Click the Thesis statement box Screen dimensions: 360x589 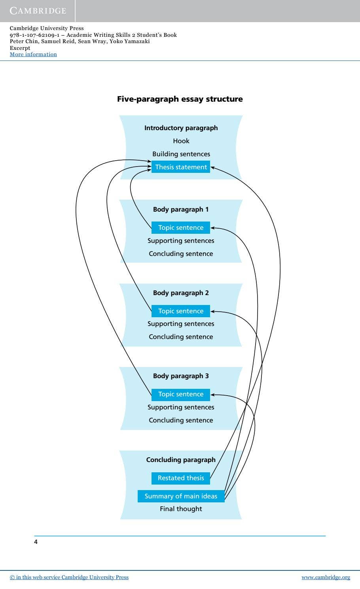[181, 167]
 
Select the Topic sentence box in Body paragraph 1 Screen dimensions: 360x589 [181, 227]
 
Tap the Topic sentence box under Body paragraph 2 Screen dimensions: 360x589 [181, 311]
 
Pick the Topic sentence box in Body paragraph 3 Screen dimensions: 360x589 [181, 394]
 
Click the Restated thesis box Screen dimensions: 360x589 [181, 478]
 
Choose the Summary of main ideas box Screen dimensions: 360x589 [181, 496]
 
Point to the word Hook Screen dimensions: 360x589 [181, 141]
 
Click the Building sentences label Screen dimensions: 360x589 [181, 154]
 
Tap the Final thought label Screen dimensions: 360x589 [181, 509]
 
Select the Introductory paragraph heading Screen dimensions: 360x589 [181, 128]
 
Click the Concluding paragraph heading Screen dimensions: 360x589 [181, 460]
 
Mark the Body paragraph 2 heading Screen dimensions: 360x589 [181, 293]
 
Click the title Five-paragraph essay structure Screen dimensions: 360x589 [180, 99]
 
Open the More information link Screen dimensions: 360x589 [33, 55]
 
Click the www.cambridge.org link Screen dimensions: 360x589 [326, 578]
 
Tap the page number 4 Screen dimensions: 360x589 [36, 542]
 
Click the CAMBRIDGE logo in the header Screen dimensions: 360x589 [38, 11]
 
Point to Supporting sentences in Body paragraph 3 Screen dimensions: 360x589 [181, 407]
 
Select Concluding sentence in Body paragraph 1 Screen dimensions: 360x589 [181, 254]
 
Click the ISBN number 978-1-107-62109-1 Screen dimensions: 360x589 [35, 35]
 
